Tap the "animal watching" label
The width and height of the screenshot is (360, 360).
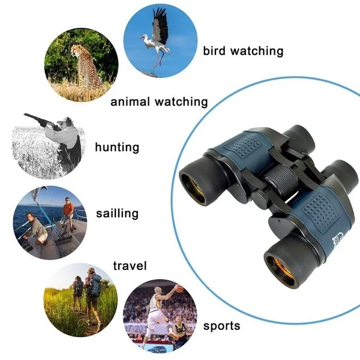(x=159, y=101)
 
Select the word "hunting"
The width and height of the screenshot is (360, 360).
(x=117, y=147)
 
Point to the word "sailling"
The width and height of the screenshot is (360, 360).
(x=117, y=213)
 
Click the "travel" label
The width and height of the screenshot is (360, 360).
(x=130, y=265)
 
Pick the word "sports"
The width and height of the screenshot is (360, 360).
(x=221, y=326)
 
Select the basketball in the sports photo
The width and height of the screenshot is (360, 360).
(x=178, y=289)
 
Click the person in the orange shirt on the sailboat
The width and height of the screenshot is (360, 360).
(x=68, y=212)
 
